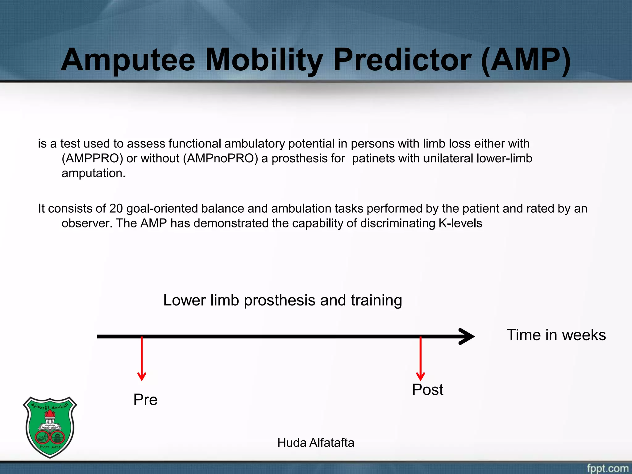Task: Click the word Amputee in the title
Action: click(x=128, y=60)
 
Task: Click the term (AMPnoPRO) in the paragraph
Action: click(x=220, y=158)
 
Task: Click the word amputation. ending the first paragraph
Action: click(x=94, y=173)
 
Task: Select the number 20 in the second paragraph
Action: click(x=116, y=209)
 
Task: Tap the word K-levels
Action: click(x=460, y=223)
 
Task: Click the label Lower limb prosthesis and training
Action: click(x=282, y=300)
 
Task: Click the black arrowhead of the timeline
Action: click(x=468, y=336)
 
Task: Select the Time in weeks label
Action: click(x=556, y=335)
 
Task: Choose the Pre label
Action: click(x=145, y=400)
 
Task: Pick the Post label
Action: click(x=427, y=390)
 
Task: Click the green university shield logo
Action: click(x=50, y=427)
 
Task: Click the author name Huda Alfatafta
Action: click(x=315, y=443)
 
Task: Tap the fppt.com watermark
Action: click(x=607, y=468)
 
